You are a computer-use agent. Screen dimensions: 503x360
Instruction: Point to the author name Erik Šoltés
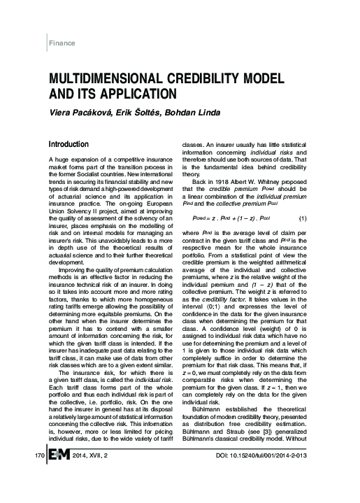[139, 112]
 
